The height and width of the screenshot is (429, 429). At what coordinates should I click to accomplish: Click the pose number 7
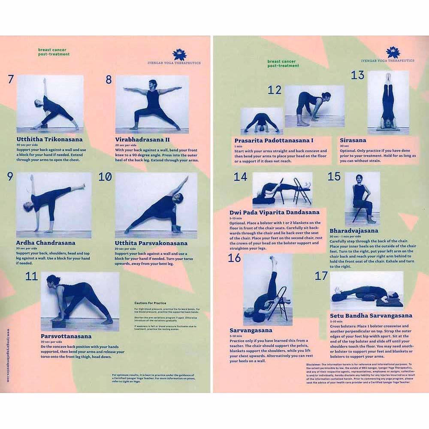pos(11,79)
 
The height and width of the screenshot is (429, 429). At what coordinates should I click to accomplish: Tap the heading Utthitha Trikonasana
pos(49,139)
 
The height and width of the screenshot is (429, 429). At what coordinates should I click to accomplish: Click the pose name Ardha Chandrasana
pos(45,243)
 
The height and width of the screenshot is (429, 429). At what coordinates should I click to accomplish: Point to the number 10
pos(105,177)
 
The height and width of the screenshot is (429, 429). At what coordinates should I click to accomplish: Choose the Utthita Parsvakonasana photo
pos(156,205)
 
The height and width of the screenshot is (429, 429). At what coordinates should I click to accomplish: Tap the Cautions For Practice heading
pos(150,303)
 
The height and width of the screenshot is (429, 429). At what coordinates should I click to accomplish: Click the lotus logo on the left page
pos(179,55)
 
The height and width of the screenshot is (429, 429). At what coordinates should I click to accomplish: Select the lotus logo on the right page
pos(393,52)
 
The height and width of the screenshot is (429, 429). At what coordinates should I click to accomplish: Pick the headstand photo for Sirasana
pos(388,103)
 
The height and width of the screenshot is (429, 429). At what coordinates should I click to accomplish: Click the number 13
pos(357,76)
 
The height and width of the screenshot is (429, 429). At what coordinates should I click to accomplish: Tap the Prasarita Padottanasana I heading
pos(273,141)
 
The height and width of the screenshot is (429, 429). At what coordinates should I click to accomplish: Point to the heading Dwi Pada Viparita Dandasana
pos(275,212)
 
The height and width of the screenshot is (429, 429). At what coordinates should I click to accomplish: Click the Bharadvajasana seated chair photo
pos(362,198)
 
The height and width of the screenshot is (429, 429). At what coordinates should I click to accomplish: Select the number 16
pos(235,258)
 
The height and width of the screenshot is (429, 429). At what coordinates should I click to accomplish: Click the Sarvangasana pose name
pos(251,330)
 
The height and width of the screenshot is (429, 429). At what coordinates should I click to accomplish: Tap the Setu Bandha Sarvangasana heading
pos(371,315)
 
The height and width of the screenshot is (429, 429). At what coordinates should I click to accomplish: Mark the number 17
pos(321,276)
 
